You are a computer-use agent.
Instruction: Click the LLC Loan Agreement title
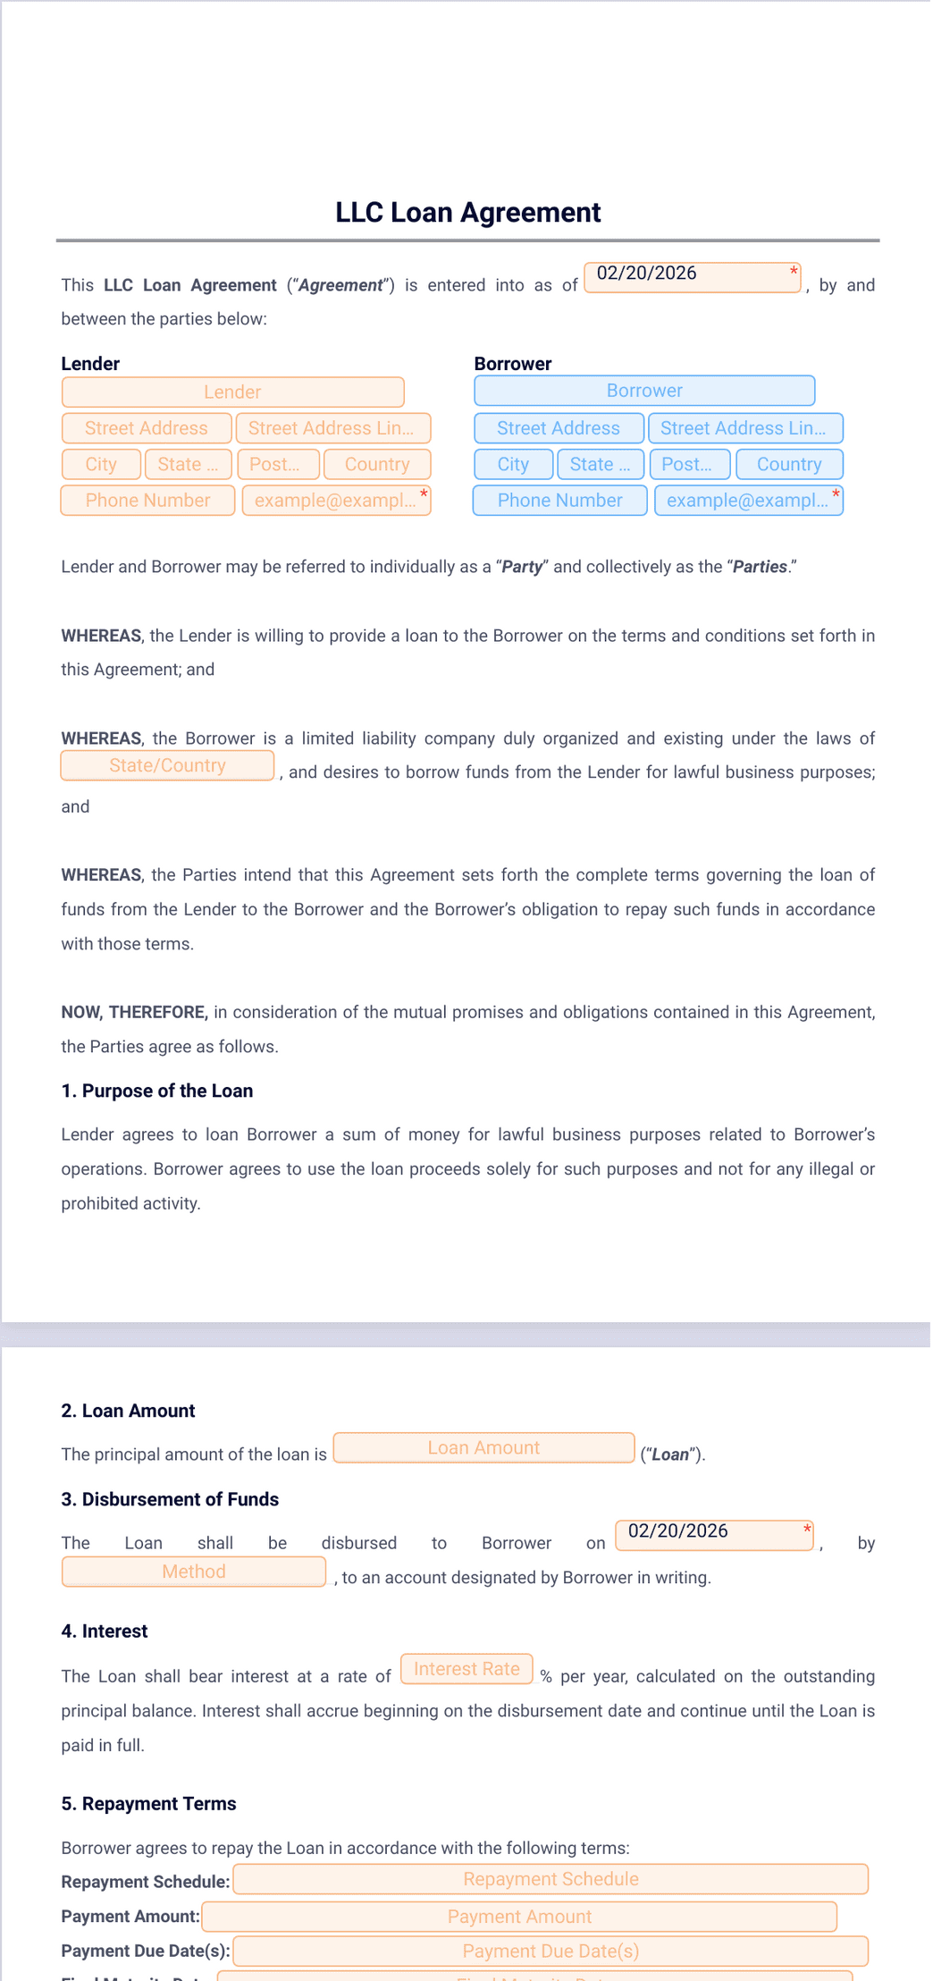467,213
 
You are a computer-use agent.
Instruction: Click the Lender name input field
232,392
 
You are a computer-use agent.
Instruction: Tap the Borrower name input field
643,391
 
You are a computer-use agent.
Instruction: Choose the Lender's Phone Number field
147,501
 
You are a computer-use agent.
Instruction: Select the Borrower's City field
513,464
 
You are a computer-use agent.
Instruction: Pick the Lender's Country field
376,464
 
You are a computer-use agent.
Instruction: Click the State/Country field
167,765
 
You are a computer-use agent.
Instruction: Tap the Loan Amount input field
483,1447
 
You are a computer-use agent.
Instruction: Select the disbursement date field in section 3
714,1534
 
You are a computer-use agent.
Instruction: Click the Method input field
193,1572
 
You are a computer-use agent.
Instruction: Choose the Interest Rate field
466,1669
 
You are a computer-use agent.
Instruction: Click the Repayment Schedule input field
551,1879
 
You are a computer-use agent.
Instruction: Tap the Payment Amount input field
519,1917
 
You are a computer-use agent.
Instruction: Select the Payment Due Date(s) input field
551,1951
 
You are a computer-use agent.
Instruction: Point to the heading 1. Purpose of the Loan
157,1091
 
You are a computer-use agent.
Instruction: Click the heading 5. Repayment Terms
148,1804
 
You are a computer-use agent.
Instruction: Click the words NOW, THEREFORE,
134,1012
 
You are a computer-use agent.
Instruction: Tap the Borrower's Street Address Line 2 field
744,428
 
